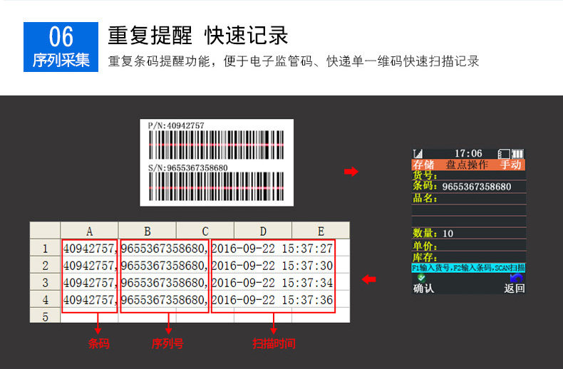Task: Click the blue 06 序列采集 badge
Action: (61, 46)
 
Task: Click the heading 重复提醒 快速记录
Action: (197, 36)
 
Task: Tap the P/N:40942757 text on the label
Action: (176, 125)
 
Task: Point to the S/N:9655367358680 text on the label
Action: (188, 168)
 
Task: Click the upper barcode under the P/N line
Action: (216, 145)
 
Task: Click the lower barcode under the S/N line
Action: (216, 187)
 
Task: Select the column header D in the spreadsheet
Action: (263, 231)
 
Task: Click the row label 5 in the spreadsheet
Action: (45, 316)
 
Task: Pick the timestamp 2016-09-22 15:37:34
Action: (273, 283)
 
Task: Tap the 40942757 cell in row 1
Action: (89, 249)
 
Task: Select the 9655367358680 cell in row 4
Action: (165, 300)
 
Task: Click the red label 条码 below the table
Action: (98, 343)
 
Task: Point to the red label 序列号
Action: (167, 343)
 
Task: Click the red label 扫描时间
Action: (274, 343)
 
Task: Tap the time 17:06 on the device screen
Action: (468, 153)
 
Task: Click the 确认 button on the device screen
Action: (423, 289)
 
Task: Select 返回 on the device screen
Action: (514, 289)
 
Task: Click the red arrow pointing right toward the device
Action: (351, 172)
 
